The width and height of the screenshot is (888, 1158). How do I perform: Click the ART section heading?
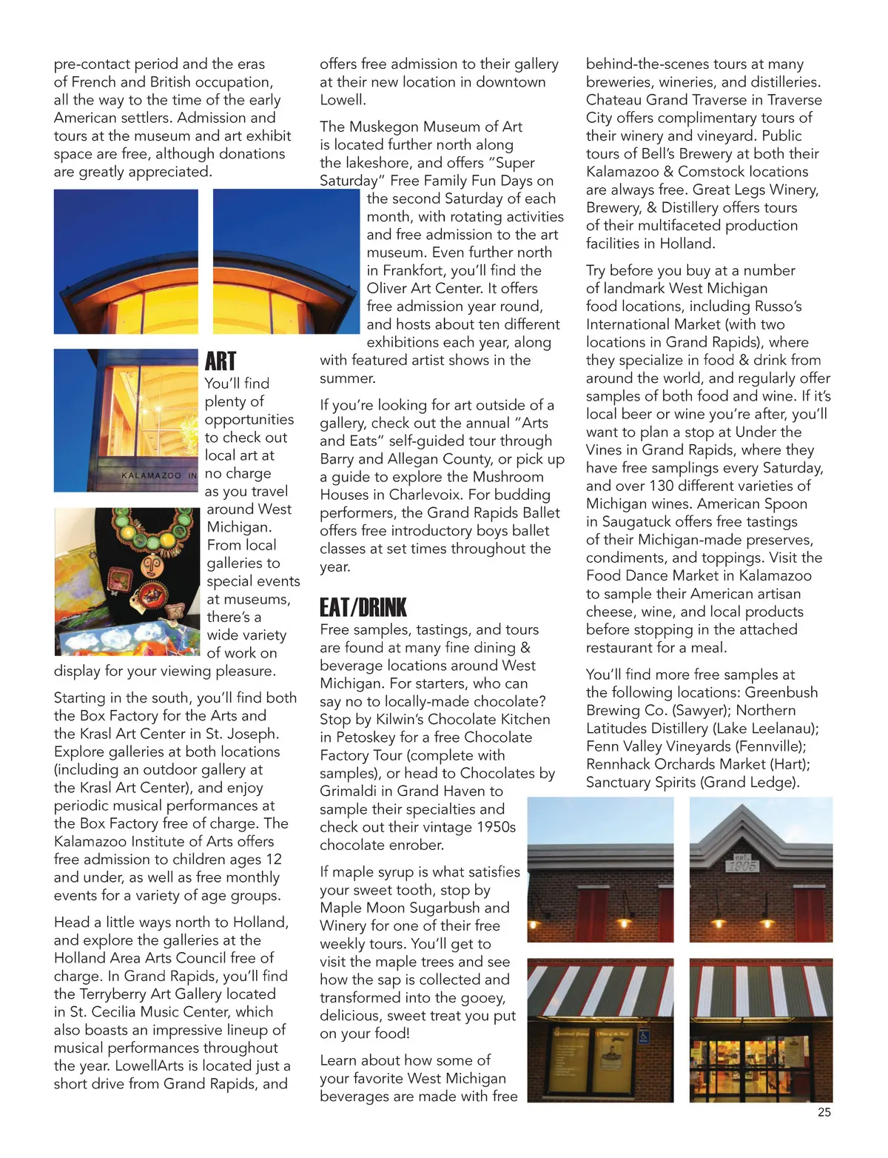point(221,361)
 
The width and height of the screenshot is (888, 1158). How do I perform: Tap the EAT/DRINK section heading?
point(363,608)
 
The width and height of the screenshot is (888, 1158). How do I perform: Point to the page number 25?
point(824,1112)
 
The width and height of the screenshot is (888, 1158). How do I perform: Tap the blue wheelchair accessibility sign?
point(643,1037)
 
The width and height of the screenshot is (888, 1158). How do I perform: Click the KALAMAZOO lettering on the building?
point(151,475)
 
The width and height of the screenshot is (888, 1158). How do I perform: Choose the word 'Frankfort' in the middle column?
point(417,270)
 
